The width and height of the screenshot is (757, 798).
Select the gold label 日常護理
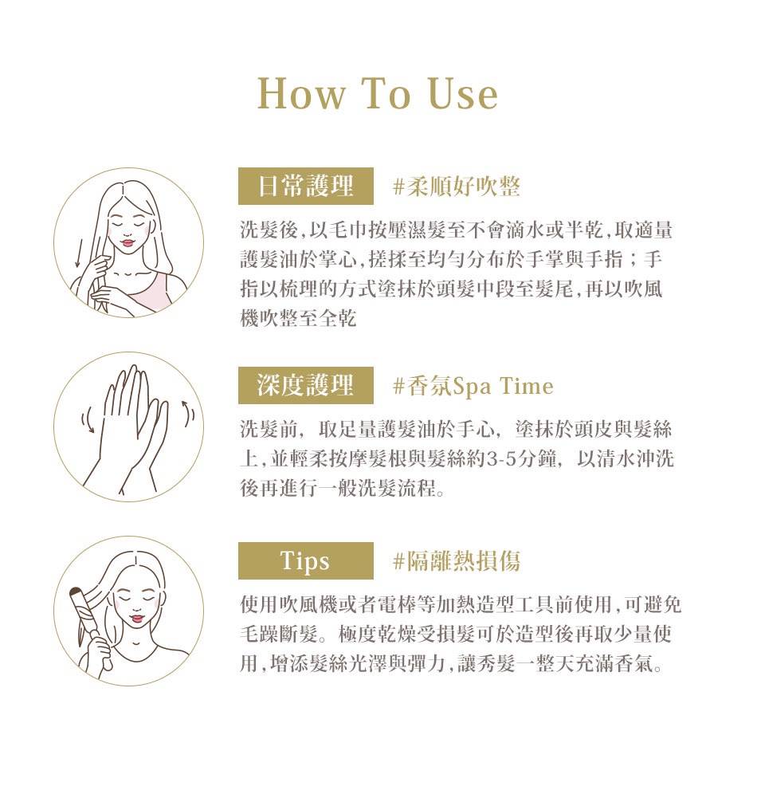pyautogui.click(x=306, y=186)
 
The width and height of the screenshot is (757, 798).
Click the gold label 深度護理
pyautogui.click(x=306, y=385)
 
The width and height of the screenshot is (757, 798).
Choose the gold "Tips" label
pyautogui.click(x=306, y=561)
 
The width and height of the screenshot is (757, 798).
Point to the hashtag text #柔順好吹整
pyautogui.click(x=457, y=187)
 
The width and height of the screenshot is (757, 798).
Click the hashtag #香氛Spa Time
pyautogui.click(x=473, y=386)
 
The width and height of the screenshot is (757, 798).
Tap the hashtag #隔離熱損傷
pyautogui.click(x=457, y=561)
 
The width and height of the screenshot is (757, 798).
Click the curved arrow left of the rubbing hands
pyautogui.click(x=88, y=419)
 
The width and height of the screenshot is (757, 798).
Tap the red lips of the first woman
pyautogui.click(x=127, y=242)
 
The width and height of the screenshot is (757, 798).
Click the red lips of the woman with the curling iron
pyautogui.click(x=135, y=619)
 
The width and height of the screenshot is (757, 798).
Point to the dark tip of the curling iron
pyautogui.click(x=76, y=592)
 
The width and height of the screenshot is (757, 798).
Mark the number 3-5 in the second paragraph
pyautogui.click(x=502, y=459)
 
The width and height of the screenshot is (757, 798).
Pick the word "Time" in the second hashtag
pyautogui.click(x=527, y=386)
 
